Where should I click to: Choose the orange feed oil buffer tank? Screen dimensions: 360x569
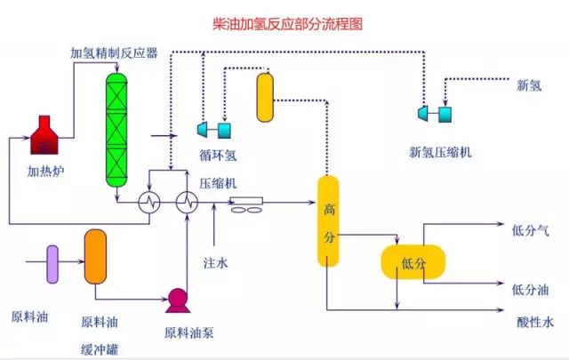(x=95, y=256)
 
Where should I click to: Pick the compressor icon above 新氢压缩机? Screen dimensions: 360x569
(x=434, y=113)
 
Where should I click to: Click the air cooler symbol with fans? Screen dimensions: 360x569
(x=246, y=206)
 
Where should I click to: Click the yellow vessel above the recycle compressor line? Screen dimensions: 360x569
(x=265, y=97)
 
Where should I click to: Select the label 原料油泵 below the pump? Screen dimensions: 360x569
(x=188, y=333)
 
